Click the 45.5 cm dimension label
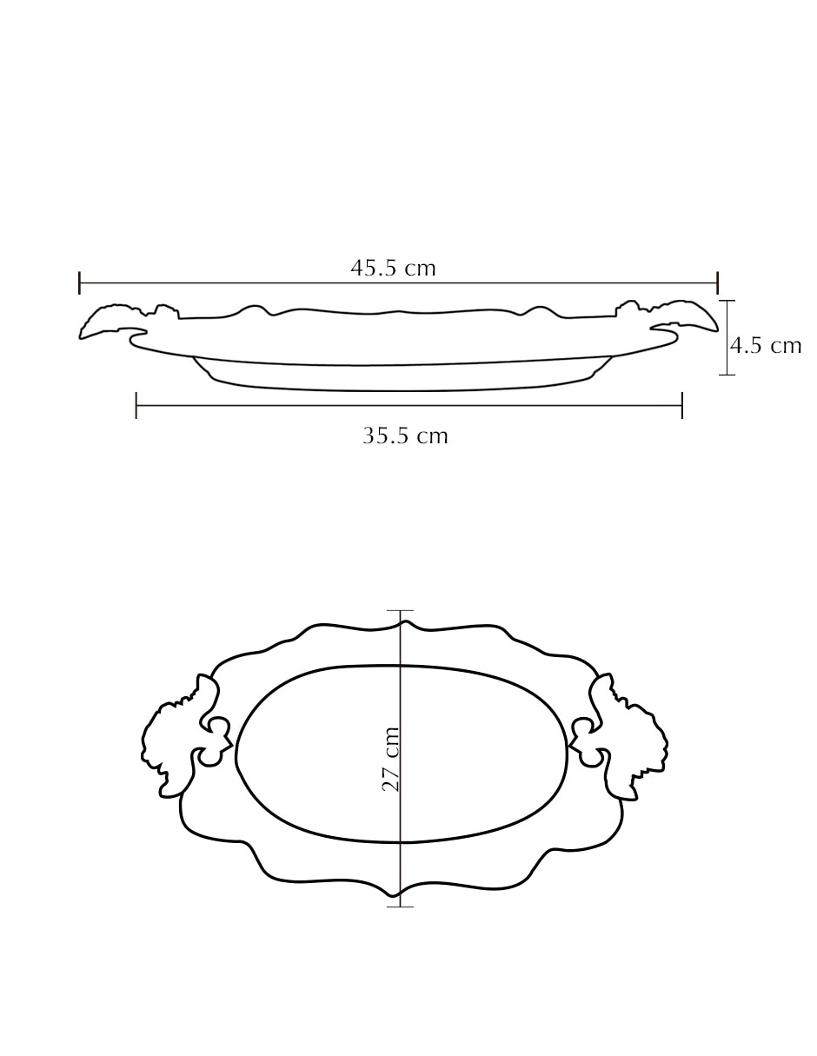pos(393,269)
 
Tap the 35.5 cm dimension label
pos(405,435)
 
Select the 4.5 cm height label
pos(766,346)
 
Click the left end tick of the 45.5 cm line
pos(79,282)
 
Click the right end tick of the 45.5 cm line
pos(717,282)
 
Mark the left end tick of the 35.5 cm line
pos(136,405)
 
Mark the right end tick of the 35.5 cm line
pos(682,405)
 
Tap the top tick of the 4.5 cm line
pos(727,301)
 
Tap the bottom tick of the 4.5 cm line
pos(727,375)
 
